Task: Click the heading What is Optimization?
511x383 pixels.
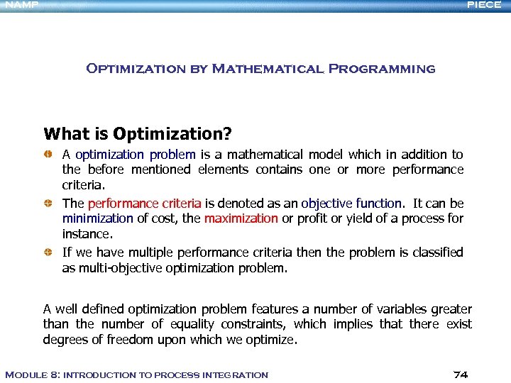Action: click(x=138, y=133)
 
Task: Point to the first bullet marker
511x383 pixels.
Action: click(x=48, y=154)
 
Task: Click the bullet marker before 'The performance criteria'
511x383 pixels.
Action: click(x=48, y=203)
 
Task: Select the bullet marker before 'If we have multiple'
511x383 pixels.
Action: click(x=48, y=252)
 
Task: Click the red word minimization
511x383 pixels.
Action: click(x=97, y=218)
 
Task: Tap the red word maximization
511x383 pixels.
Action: click(x=241, y=218)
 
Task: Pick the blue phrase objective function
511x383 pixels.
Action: click(x=351, y=203)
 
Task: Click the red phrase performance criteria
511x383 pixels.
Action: click(x=144, y=203)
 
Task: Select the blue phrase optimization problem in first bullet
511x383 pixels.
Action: click(x=135, y=154)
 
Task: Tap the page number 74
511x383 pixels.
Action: click(x=460, y=374)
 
